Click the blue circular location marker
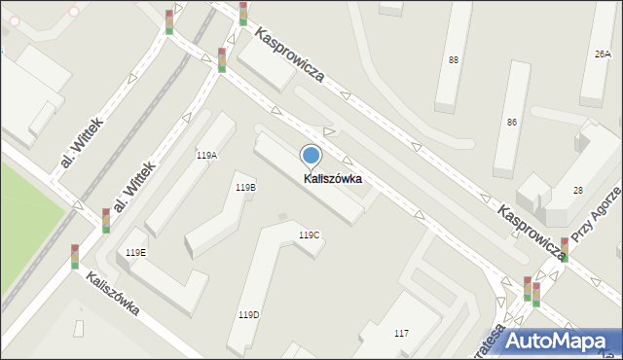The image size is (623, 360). point(311,155)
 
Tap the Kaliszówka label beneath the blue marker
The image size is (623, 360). point(333,179)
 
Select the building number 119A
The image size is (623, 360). point(206,156)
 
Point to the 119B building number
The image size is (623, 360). point(245,187)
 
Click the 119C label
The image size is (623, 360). point(309,235)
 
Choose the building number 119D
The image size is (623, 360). point(248,314)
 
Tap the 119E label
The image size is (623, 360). point(136,253)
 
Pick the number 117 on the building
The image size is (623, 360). point(401,334)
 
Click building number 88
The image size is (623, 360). point(454,60)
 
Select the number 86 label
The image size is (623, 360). point(512,123)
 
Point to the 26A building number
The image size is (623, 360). point(603,54)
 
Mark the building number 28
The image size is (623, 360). point(577,190)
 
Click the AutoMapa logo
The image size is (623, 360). point(556,340)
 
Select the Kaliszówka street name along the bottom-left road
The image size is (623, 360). point(112,295)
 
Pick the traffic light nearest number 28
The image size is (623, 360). point(565,249)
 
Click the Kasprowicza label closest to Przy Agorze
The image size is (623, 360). point(531,232)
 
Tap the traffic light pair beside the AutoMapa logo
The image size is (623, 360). point(531,290)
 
